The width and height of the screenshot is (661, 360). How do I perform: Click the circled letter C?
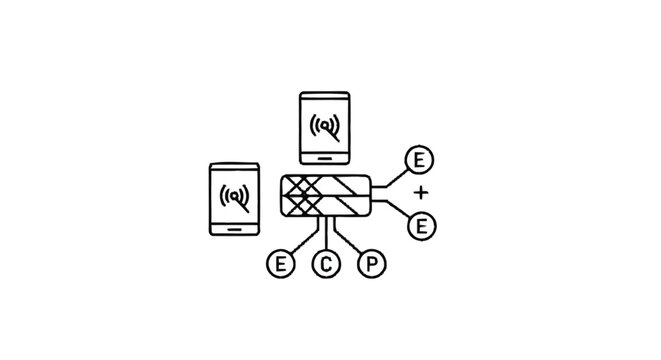pos(326,265)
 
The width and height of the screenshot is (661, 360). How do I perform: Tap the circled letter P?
pos(370,265)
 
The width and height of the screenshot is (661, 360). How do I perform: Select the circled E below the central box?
pos(281,265)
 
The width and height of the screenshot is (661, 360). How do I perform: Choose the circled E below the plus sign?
pos(420,225)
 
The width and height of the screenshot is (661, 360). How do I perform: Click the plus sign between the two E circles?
pos(420,191)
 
